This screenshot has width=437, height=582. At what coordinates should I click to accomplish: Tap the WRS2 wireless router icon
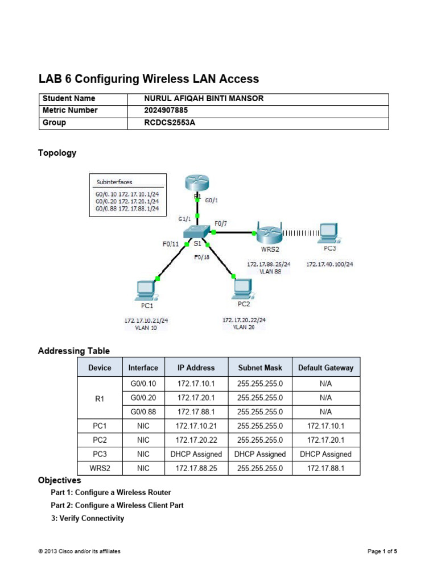click(x=269, y=233)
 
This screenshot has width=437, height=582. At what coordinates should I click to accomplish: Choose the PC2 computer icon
click(x=244, y=288)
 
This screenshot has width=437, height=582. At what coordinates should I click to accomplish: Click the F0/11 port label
click(x=170, y=245)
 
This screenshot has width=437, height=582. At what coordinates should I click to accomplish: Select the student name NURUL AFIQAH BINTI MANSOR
click(x=204, y=99)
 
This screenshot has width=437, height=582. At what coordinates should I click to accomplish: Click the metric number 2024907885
click(x=166, y=110)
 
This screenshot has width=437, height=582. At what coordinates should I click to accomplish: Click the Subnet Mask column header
click(x=259, y=368)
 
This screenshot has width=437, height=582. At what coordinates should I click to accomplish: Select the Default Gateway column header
click(x=325, y=368)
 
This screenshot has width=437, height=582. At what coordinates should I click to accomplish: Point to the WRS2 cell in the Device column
click(x=100, y=468)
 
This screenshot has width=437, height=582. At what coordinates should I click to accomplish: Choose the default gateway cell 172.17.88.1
click(x=325, y=468)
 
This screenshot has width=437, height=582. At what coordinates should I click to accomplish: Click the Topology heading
click(x=57, y=153)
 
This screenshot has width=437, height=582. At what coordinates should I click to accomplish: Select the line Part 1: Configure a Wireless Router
click(x=110, y=492)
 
